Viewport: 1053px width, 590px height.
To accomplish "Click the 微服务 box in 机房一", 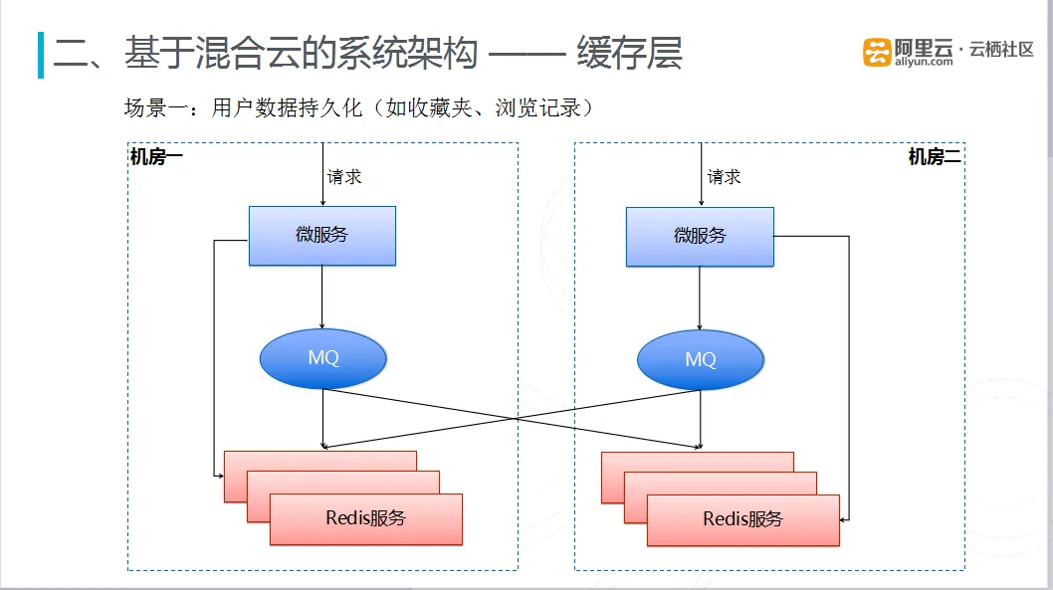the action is point(322,236).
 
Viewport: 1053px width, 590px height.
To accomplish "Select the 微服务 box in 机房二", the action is point(700,236).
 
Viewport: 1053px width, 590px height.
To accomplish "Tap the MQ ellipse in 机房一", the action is point(323,358).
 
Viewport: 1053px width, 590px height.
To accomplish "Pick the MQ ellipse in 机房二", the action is point(701,360).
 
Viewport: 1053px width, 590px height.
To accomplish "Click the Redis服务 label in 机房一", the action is point(366,518).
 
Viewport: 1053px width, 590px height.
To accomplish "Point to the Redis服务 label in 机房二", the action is point(743,518).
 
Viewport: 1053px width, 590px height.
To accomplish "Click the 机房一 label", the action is point(156,157).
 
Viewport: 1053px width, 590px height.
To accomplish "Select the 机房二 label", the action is point(935,157).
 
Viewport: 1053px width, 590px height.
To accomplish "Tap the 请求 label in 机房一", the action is point(344,176).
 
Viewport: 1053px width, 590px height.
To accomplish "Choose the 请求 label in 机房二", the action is point(724,176).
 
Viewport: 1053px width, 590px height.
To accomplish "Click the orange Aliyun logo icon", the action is point(877,53).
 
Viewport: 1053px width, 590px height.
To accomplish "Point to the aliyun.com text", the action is point(924,62).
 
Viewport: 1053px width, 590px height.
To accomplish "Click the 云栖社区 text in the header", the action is point(1001,49).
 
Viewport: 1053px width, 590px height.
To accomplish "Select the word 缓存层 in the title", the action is point(629,53).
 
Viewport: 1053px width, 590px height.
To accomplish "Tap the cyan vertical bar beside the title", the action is point(41,55).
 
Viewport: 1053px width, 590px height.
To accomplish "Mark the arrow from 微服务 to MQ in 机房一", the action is point(322,296).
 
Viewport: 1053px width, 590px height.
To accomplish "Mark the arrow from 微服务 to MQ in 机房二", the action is point(700,298).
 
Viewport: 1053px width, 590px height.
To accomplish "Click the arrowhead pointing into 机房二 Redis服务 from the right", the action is point(843,519).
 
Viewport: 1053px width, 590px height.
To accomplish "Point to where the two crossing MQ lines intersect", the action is point(516,418).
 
